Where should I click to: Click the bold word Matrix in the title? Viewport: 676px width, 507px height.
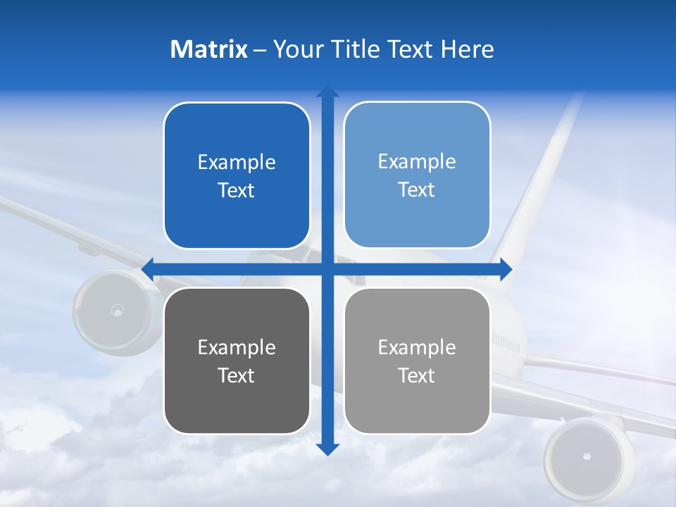[209, 49]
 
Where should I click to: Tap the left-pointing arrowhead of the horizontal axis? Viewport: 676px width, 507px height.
[149, 269]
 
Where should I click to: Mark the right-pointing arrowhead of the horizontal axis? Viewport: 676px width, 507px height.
[506, 269]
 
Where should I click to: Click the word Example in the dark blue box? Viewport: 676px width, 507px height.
[237, 163]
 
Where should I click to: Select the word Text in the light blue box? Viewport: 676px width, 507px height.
[417, 189]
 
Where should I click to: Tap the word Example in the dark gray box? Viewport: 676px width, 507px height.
[237, 347]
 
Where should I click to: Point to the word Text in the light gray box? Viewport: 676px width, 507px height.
[417, 375]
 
